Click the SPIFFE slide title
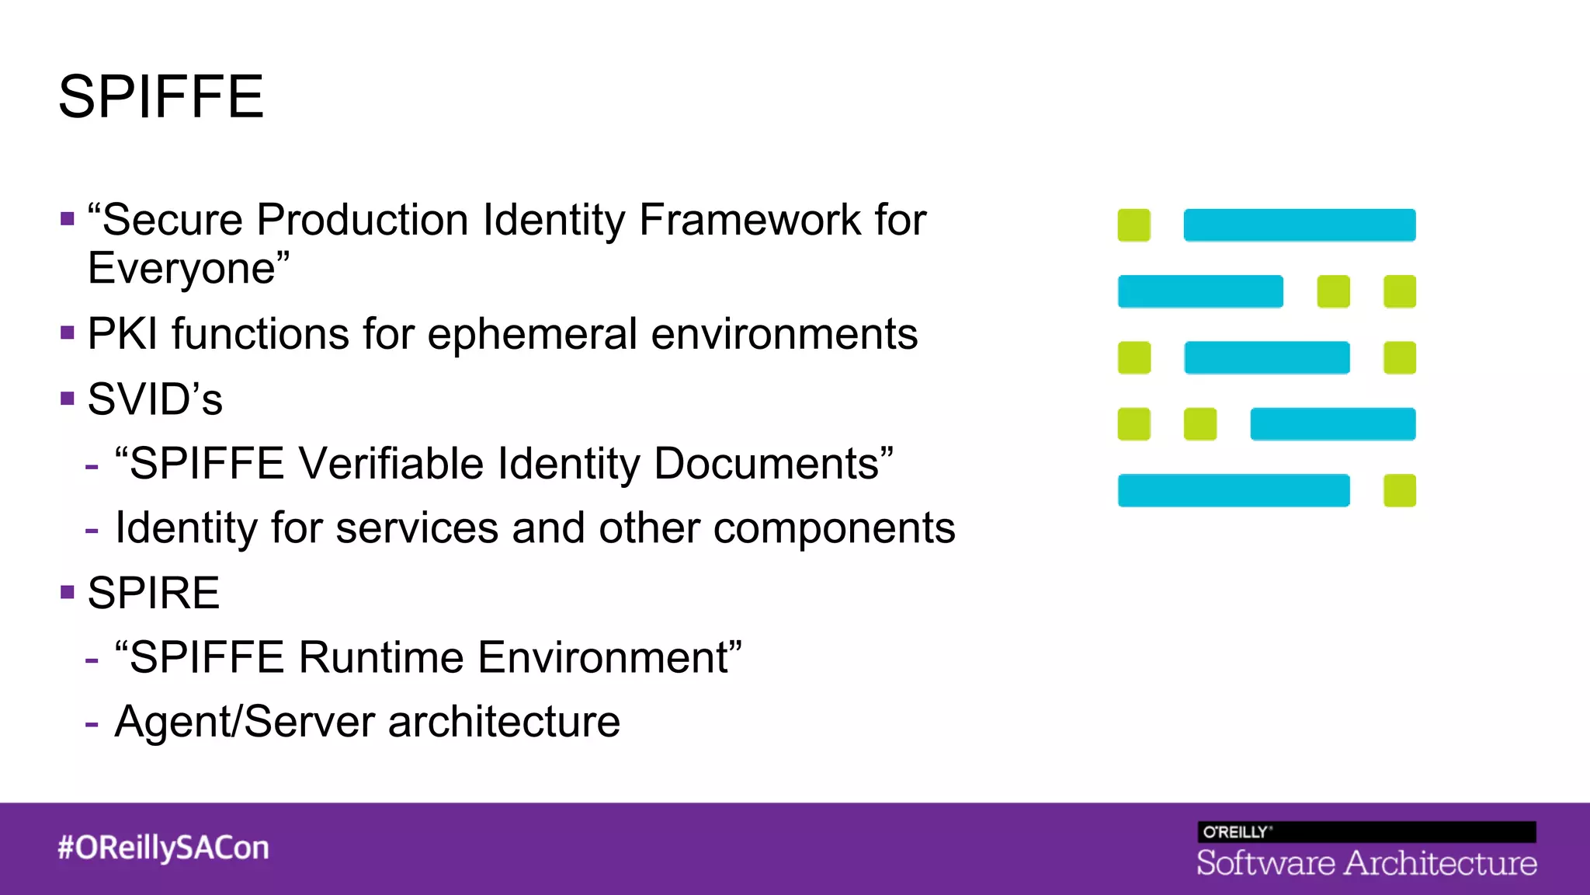[x=161, y=97]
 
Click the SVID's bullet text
[x=154, y=400]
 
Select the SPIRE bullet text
[x=154, y=594]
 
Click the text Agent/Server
[x=245, y=722]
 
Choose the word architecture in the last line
[x=504, y=722]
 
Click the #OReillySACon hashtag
[x=163, y=848]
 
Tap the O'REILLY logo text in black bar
[x=1236, y=832]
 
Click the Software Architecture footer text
[x=1366, y=863]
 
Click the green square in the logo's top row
[x=1133, y=225]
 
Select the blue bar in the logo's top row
[x=1299, y=225]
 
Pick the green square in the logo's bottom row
[x=1399, y=491]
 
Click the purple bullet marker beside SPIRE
[x=68, y=593]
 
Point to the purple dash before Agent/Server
[x=92, y=724]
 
